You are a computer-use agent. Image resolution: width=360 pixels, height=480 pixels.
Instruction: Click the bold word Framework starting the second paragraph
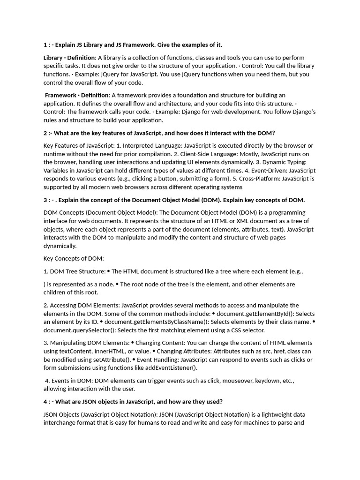[60, 95]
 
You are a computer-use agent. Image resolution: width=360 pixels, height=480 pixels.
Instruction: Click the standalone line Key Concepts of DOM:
[74, 258]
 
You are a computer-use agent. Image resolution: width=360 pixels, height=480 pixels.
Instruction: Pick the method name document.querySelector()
[74, 330]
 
